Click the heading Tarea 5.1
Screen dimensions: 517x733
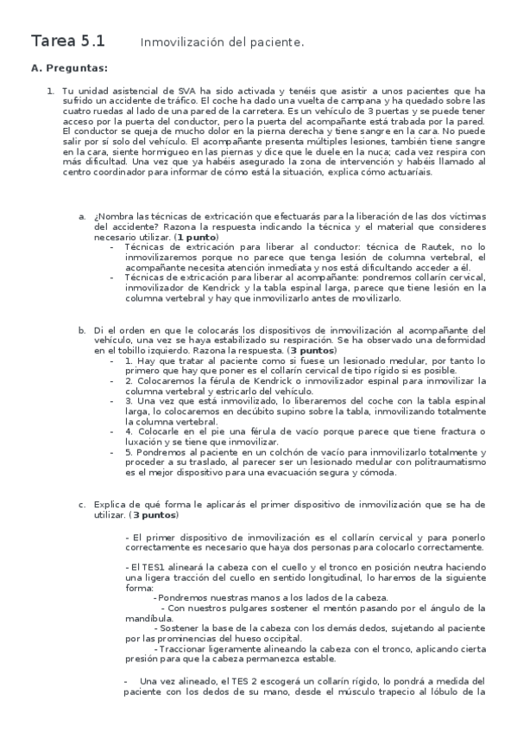pyautogui.click(x=68, y=40)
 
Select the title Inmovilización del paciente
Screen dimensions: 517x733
pyautogui.click(x=222, y=41)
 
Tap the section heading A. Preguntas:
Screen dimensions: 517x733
pyautogui.click(x=70, y=67)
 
